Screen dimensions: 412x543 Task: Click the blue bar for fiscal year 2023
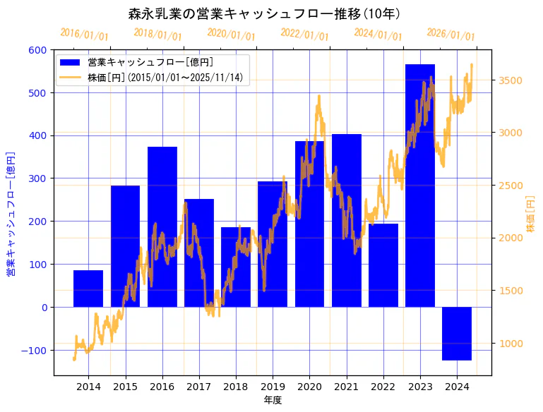click(420, 212)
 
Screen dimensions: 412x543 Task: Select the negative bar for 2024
click(457, 334)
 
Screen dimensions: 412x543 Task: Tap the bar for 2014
click(88, 289)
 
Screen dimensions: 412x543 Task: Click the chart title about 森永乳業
click(265, 14)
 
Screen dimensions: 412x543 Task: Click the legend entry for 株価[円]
click(165, 78)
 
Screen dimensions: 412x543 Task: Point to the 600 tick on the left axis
click(37, 50)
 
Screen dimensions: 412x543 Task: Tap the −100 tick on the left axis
click(34, 351)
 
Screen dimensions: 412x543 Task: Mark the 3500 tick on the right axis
click(511, 80)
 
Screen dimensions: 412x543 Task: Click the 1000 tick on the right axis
click(511, 344)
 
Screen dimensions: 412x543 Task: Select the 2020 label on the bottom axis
click(309, 387)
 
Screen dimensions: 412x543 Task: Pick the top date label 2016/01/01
click(84, 35)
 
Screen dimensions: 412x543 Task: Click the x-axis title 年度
click(273, 401)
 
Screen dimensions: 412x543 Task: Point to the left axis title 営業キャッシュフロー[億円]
click(11, 214)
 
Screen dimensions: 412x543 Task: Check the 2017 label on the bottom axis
click(199, 387)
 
